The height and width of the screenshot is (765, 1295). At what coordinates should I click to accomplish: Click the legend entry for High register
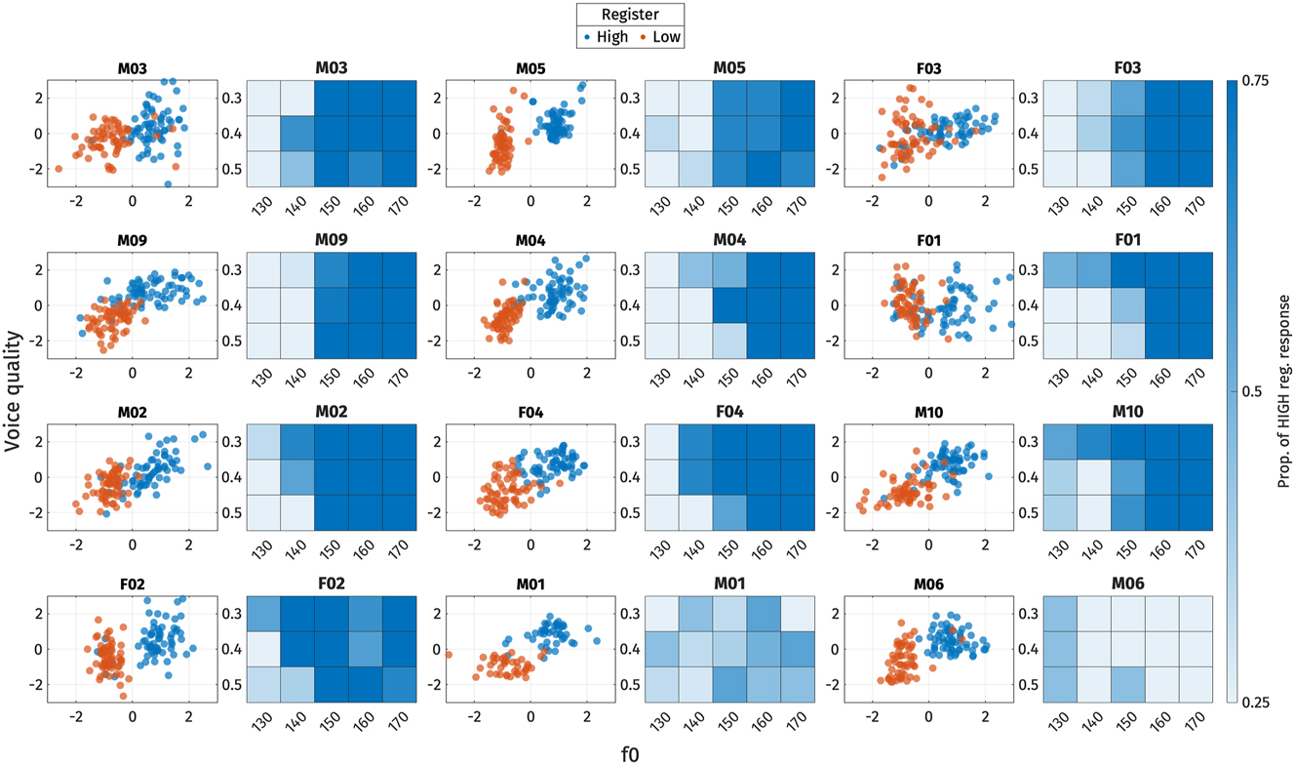[x=607, y=38]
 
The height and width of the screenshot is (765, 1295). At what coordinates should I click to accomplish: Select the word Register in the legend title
[x=629, y=15]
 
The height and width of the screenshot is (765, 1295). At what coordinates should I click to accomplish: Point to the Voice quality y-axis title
[x=14, y=390]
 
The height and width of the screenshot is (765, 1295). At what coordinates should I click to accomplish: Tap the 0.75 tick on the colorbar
[x=1253, y=82]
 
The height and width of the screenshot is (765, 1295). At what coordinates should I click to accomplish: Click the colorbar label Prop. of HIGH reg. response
[x=1282, y=390]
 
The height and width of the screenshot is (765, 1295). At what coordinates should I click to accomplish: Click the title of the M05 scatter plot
[x=531, y=69]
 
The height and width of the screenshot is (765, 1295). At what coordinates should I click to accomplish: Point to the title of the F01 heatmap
[x=1127, y=239]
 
